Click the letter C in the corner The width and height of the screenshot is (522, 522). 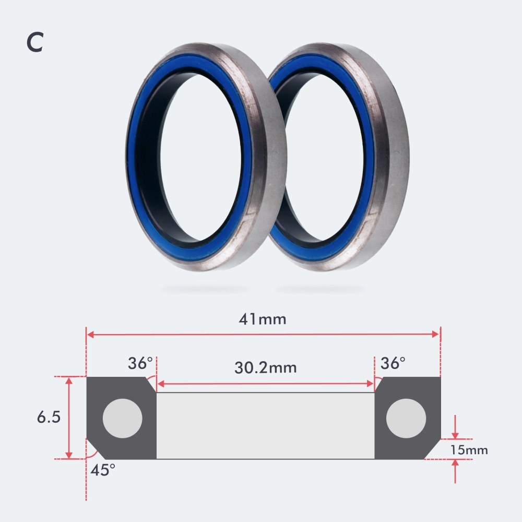[x=34, y=43]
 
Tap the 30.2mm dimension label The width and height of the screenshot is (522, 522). [x=265, y=367]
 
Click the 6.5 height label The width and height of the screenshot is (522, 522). [x=48, y=418]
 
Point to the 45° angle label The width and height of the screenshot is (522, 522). [x=103, y=470]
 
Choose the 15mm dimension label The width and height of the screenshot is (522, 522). [x=469, y=449]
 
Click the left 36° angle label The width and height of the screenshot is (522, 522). [x=140, y=363]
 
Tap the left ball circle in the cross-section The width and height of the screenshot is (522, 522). [x=123, y=419]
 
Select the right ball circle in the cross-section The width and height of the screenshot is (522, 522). [x=406, y=419]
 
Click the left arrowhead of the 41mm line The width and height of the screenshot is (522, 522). [x=90, y=335]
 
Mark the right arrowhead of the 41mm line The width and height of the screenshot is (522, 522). [x=436, y=335]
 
